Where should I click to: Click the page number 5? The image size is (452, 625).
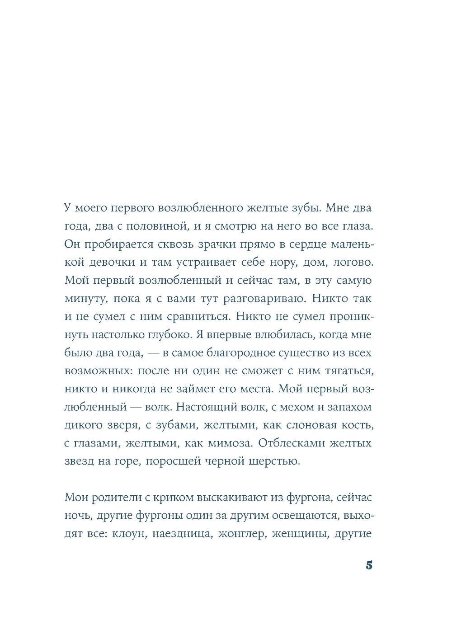click(x=369, y=565)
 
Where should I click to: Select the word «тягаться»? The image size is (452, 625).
click(x=348, y=371)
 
